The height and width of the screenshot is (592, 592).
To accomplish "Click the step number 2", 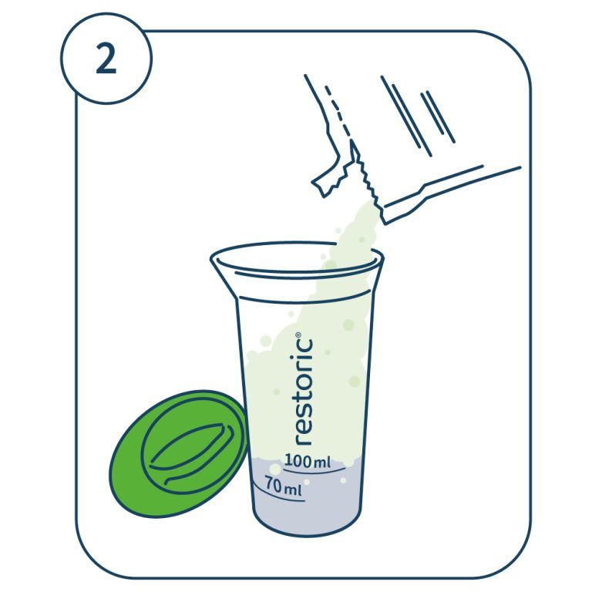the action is [x=106, y=58].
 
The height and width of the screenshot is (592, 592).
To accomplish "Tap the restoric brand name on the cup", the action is [x=303, y=388].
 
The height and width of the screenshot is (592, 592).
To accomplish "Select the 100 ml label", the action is [x=308, y=461].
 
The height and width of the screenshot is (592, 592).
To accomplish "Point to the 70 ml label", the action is [x=283, y=486].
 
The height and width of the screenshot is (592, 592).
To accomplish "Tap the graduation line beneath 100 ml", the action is [x=314, y=471].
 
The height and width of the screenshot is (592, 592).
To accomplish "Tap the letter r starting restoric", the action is [x=303, y=440].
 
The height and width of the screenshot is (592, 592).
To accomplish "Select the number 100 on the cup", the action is [x=298, y=461].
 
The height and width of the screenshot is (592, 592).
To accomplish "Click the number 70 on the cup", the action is [x=274, y=483].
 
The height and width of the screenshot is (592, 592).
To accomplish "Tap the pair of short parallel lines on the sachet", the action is [x=438, y=117].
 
